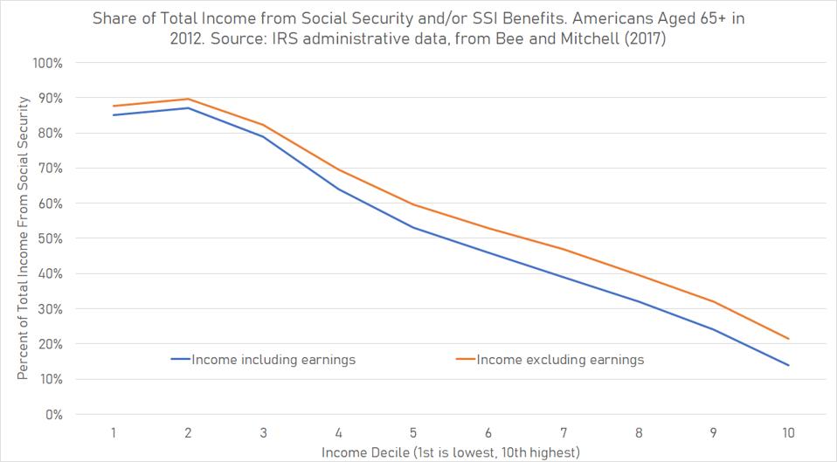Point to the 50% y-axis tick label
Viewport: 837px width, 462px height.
tap(50, 238)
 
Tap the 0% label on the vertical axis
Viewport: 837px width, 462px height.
tap(53, 414)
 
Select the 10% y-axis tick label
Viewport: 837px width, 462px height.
tap(50, 379)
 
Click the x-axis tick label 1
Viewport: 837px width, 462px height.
tap(113, 432)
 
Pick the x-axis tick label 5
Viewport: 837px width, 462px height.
tap(412, 432)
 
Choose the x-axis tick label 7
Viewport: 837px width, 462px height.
tap(563, 432)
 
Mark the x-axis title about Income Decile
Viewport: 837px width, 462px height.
tap(450, 452)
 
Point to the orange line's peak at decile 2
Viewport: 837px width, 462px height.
tap(188, 99)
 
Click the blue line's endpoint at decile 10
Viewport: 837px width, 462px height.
tap(789, 365)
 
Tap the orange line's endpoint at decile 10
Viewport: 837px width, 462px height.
tap(789, 339)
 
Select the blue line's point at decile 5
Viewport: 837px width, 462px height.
tap(413, 228)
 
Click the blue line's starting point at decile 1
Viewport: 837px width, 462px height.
tap(113, 115)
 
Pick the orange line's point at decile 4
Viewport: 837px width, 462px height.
tap(338, 169)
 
